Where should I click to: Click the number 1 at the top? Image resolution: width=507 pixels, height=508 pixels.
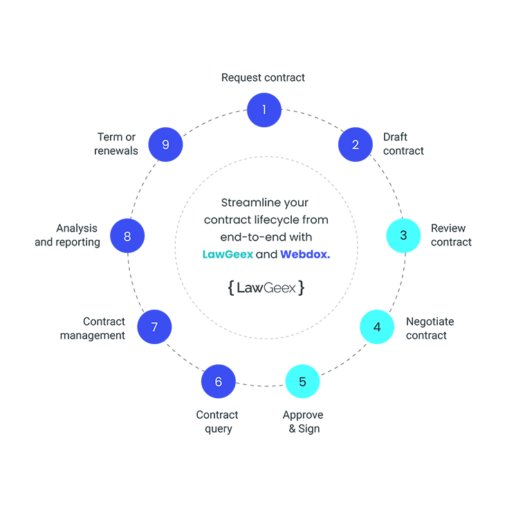coord(264,109)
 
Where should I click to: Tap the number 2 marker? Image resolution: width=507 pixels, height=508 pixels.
coord(356,144)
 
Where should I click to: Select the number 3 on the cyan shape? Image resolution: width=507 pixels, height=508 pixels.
coord(403,235)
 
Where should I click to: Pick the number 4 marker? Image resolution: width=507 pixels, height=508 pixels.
coord(377,327)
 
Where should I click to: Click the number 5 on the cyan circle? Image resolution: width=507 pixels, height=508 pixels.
coord(302,382)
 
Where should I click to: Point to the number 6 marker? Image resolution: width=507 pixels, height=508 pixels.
coord(219,382)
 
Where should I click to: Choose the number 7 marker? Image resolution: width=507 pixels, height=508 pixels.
coord(154,327)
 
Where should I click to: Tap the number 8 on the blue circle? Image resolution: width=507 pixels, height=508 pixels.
coord(127,236)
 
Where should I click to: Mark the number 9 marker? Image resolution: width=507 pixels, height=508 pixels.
coord(165,144)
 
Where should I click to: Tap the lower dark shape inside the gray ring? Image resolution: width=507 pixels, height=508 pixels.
coord(266,290)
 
